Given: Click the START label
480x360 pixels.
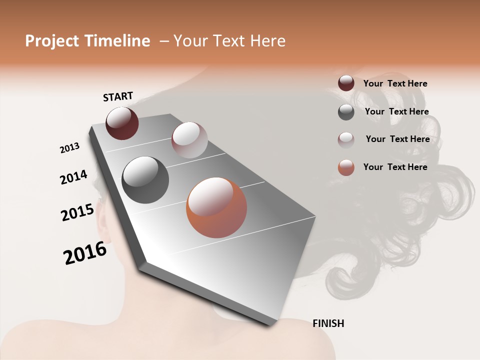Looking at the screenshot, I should pyautogui.click(x=118, y=96).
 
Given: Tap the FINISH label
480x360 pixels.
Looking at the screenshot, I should pyautogui.click(x=328, y=323).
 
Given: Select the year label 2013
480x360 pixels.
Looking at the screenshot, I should pyautogui.click(x=69, y=148).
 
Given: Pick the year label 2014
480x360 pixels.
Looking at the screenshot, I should pyautogui.click(x=73, y=177).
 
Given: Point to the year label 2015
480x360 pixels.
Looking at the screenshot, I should pyautogui.click(x=77, y=212).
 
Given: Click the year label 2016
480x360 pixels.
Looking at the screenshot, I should pyautogui.click(x=85, y=253).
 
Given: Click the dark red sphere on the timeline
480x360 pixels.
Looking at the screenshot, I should pyautogui.click(x=122, y=123).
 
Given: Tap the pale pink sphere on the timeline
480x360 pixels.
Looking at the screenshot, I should pyautogui.click(x=189, y=140).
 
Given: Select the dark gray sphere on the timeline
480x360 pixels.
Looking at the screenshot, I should pyautogui.click(x=145, y=180).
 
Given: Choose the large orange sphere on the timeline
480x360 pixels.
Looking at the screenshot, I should pyautogui.click(x=216, y=208).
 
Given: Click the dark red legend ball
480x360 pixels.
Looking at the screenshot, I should pyautogui.click(x=346, y=83).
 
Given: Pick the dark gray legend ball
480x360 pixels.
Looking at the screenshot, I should pyautogui.click(x=346, y=112).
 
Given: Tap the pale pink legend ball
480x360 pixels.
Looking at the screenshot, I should pyautogui.click(x=346, y=139).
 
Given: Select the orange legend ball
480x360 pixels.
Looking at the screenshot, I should pyautogui.click(x=346, y=167).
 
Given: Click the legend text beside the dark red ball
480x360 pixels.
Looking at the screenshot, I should pyautogui.click(x=395, y=84).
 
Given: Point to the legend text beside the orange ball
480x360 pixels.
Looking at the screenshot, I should pyautogui.click(x=395, y=167).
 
